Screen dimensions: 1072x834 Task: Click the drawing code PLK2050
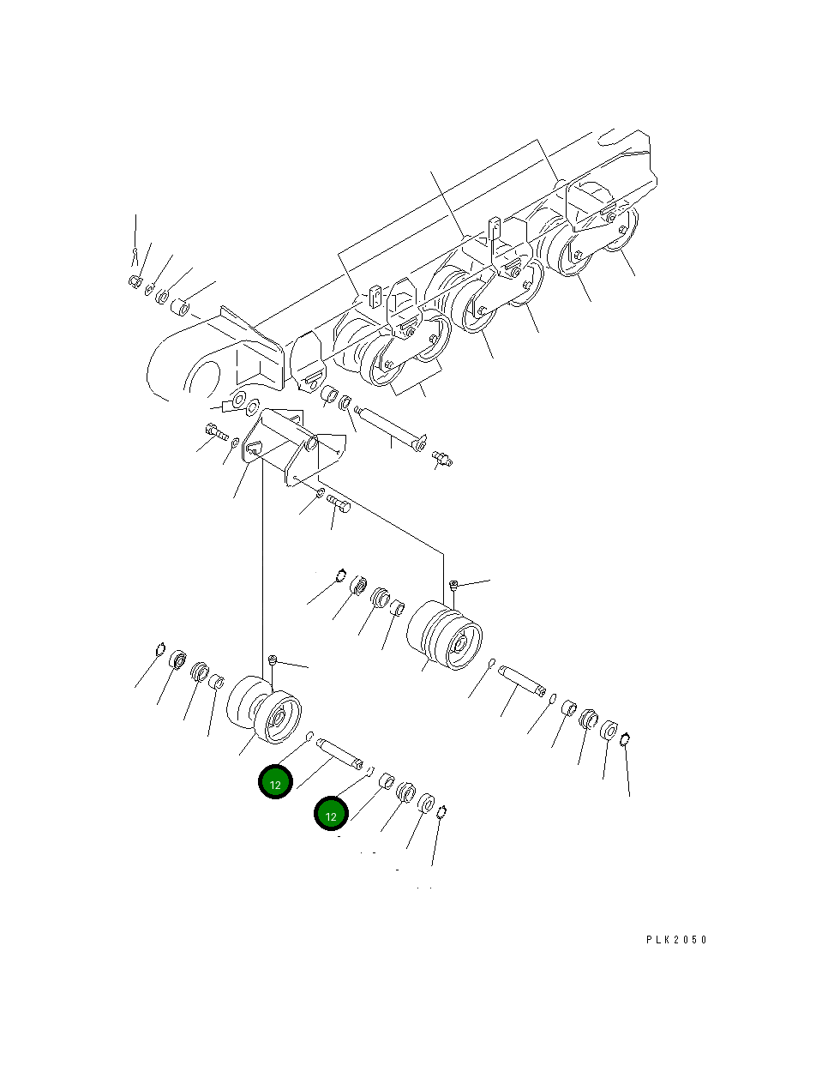676,940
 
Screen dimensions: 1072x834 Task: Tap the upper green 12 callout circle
276,782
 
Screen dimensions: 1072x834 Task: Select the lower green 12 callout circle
331,814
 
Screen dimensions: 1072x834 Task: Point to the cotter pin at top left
135,255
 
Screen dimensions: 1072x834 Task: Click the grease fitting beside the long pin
442,459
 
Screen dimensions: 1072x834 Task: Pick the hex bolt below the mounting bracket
338,503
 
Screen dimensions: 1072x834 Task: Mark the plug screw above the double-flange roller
454,586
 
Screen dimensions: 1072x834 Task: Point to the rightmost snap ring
626,738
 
